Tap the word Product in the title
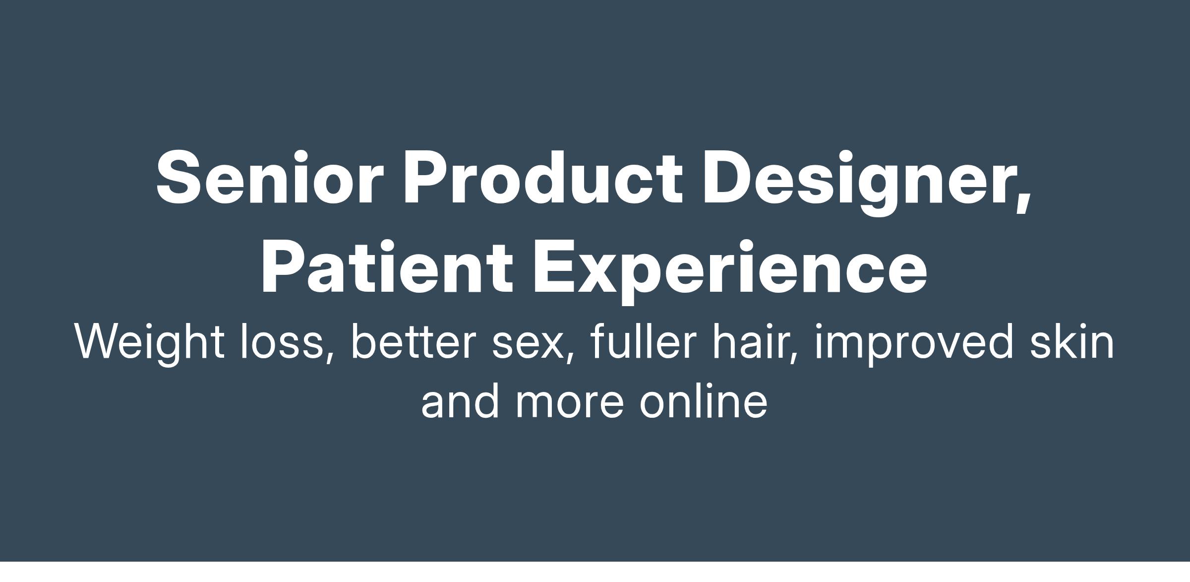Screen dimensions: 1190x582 (x=543, y=178)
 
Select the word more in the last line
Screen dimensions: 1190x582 (x=569, y=404)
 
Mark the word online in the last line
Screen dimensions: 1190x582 (x=704, y=400)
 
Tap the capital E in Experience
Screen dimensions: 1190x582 (x=556, y=267)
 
